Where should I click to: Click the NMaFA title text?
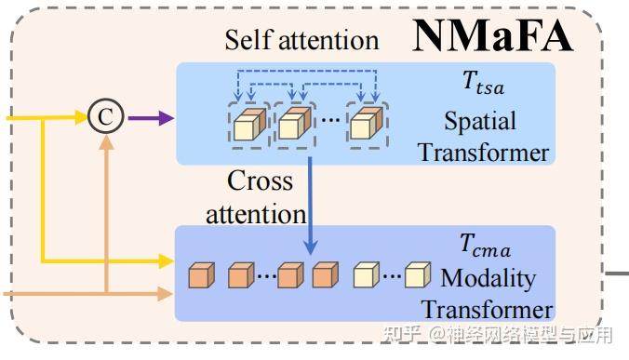click(493, 34)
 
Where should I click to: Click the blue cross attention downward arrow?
click(311, 214)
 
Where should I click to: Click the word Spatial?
click(480, 121)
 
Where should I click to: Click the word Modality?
click(488, 277)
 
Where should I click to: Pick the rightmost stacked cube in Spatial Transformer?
click(365, 123)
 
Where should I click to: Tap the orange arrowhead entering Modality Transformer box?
click(167, 293)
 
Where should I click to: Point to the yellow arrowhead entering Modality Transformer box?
click(167, 259)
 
